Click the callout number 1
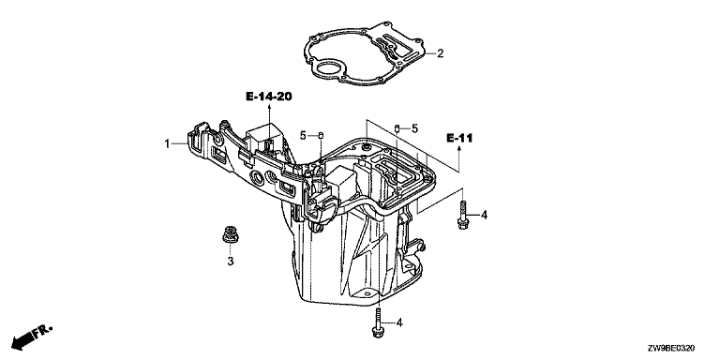point(168,143)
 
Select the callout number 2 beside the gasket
point(441,53)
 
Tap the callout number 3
point(231,262)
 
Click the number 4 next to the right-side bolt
point(484,215)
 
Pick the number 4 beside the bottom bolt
point(399,323)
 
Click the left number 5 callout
point(303,135)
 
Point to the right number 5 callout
point(414,128)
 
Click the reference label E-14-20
point(269,97)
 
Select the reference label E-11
point(459,138)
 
